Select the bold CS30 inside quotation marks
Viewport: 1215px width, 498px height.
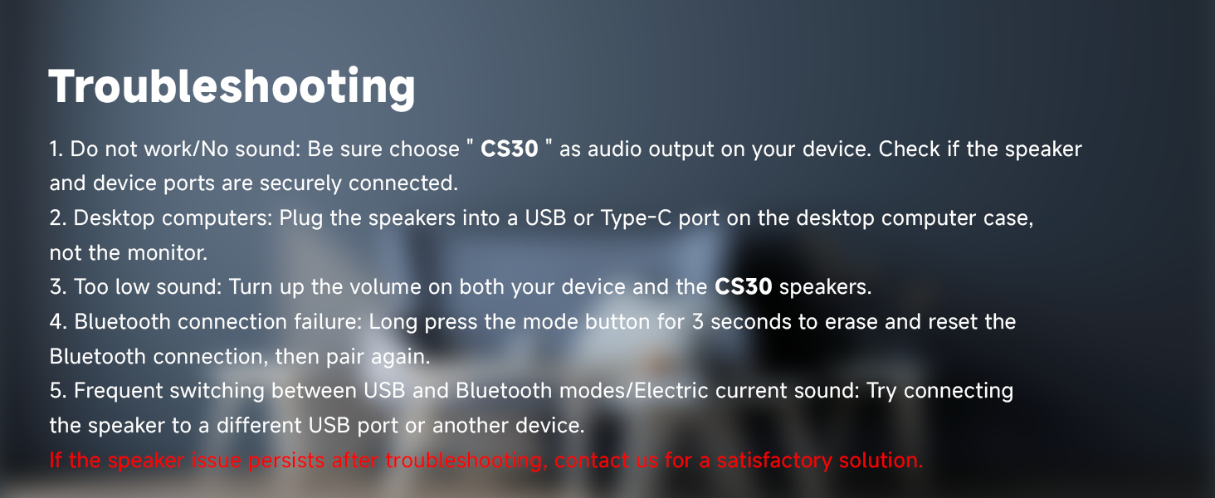tap(509, 150)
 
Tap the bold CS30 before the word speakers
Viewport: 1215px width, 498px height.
tap(743, 287)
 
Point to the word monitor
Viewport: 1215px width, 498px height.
tap(168, 252)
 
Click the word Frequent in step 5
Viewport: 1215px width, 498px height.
tap(118, 391)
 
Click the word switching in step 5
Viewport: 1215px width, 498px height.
tap(224, 391)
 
